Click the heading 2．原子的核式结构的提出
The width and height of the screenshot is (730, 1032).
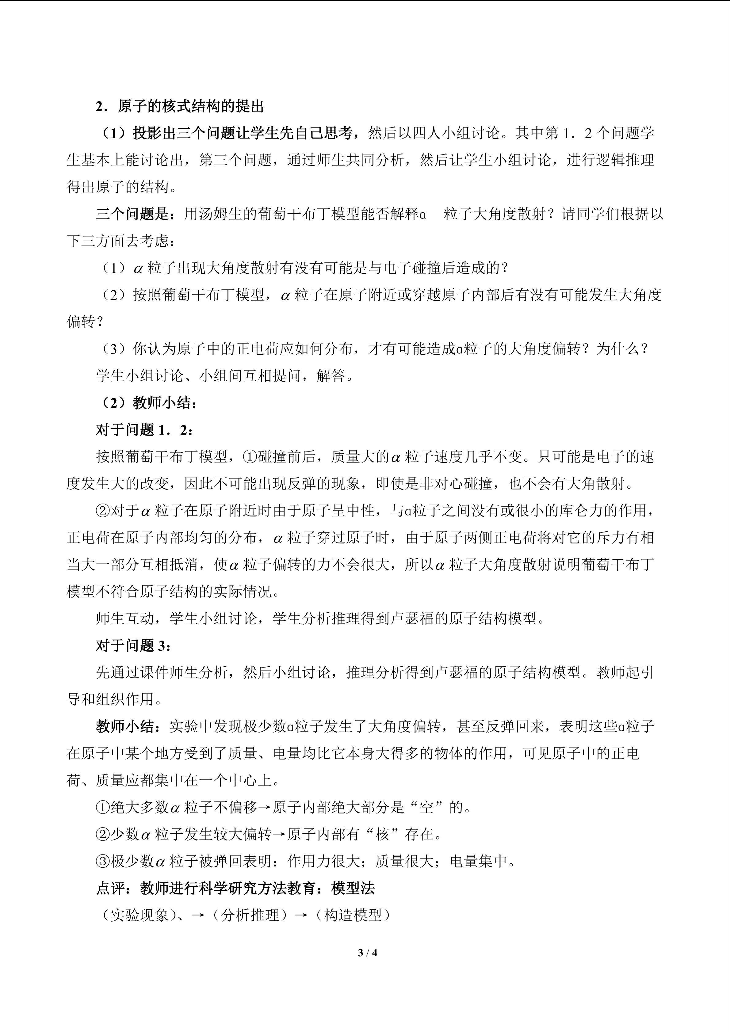[179, 107]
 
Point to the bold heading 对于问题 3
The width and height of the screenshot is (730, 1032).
[133, 645]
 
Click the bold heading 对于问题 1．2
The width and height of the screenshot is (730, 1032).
[144, 430]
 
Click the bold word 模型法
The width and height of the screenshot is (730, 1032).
[353, 888]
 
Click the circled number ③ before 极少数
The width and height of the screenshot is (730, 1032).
[103, 861]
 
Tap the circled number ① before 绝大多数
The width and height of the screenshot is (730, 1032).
[103, 807]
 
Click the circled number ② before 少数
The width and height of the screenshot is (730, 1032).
[103, 834]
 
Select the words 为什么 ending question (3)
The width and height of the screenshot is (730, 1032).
[618, 349]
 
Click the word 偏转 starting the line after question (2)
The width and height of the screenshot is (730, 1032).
[81, 322]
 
